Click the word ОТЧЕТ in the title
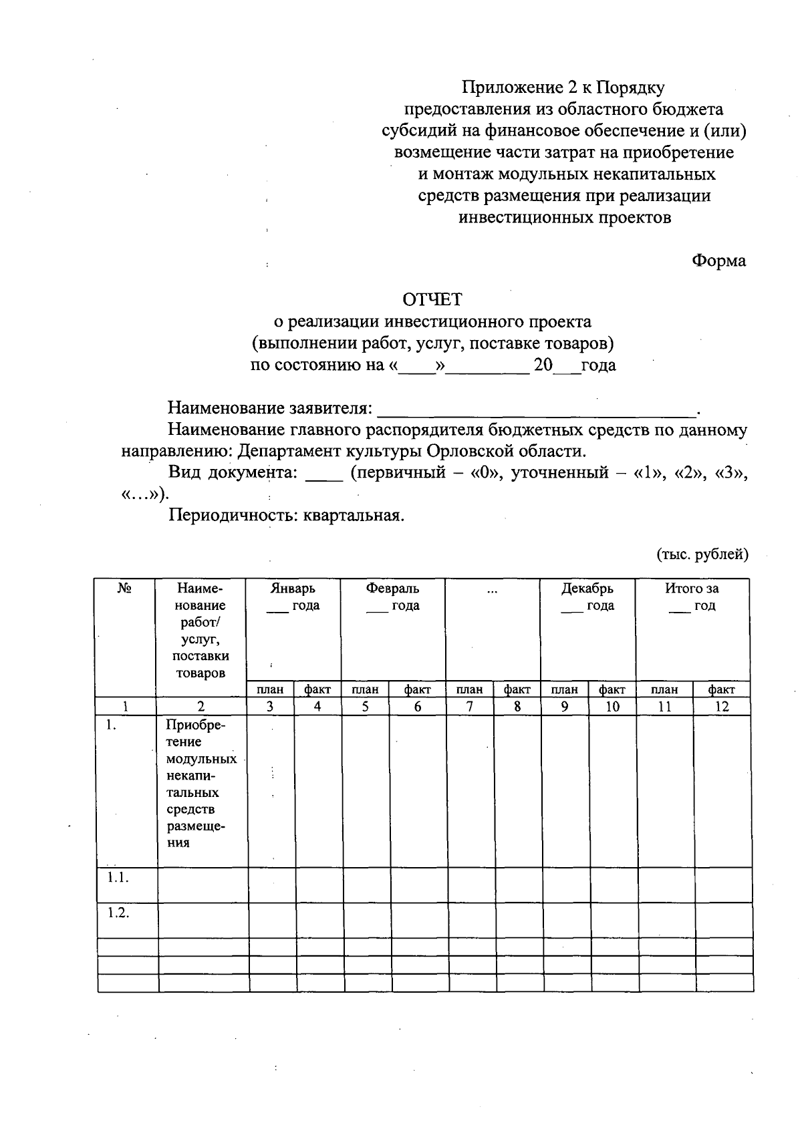coord(431,300)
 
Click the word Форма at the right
coord(718,261)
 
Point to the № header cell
coord(124,589)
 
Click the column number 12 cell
coord(722,707)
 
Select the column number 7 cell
coord(470,707)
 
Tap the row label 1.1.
coord(118,878)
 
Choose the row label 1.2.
coord(118,913)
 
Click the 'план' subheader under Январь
coord(270,689)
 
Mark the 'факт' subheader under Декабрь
coord(612,689)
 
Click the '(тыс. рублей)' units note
coord(702,554)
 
